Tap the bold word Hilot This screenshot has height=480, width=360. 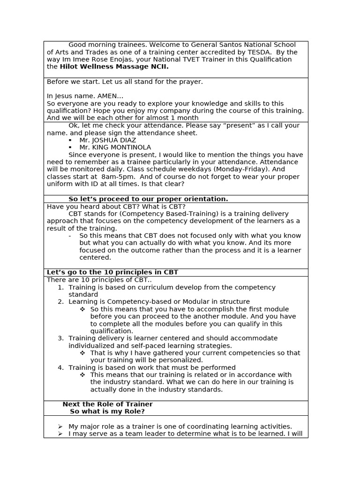coord(69,67)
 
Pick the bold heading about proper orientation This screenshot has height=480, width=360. coord(148,199)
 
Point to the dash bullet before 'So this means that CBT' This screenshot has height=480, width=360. coord(70,236)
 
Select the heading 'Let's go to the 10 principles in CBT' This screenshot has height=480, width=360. coord(112,272)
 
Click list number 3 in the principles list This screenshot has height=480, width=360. coord(60,338)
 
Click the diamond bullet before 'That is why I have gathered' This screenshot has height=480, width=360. coord(82,353)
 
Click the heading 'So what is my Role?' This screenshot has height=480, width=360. coord(107,412)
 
